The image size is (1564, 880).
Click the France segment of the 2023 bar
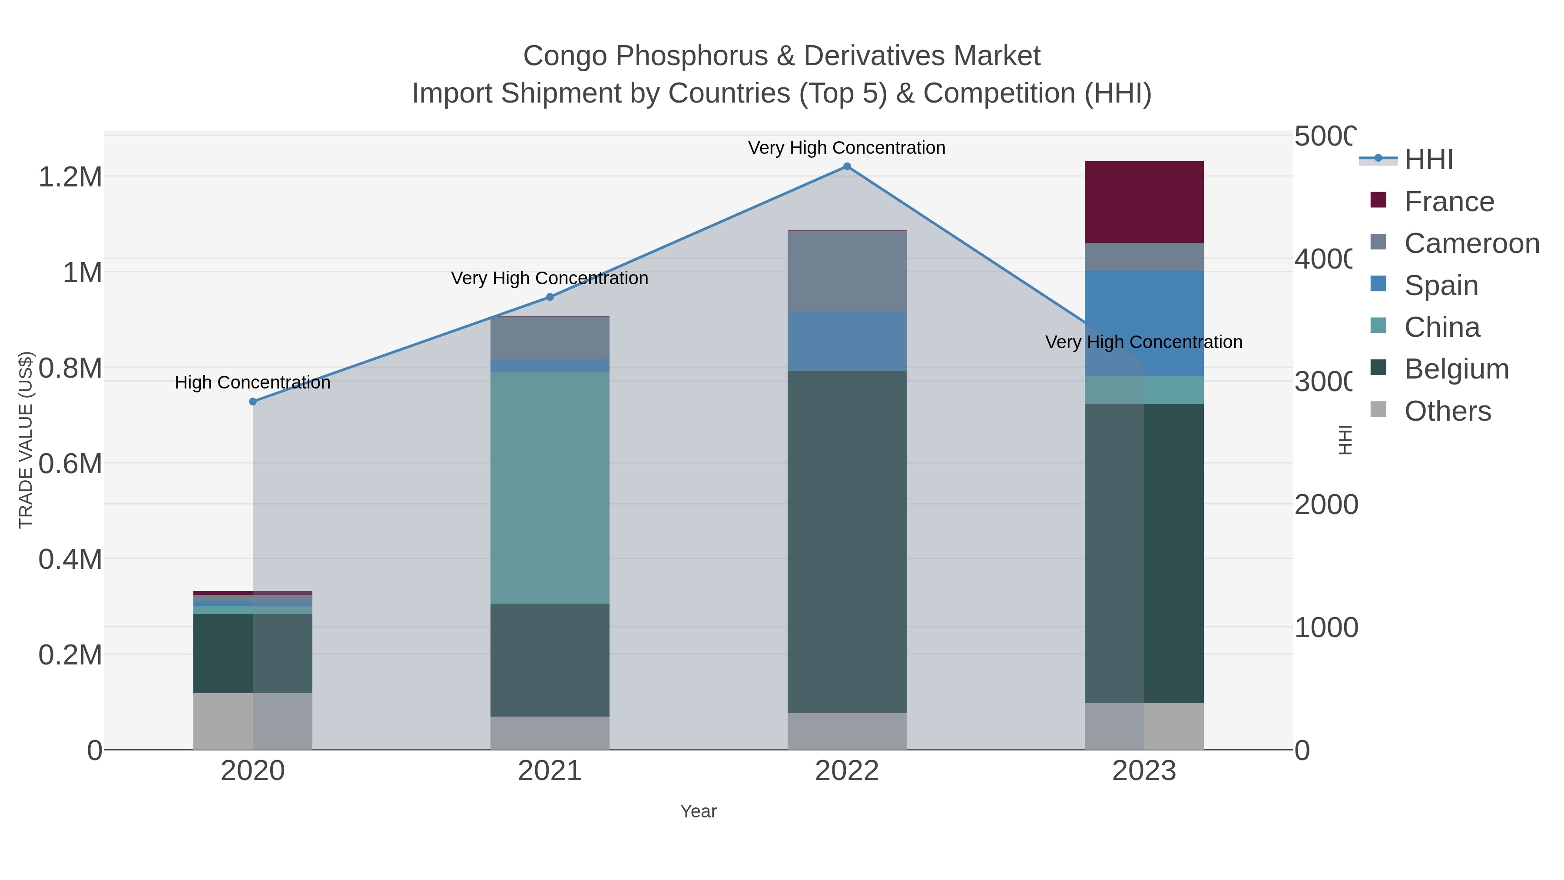coord(1144,202)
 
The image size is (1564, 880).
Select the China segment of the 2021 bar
coord(550,488)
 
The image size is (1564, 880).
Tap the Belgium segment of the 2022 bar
coord(847,541)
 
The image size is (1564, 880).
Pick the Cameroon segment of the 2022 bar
coord(847,272)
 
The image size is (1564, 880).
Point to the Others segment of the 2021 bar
coord(550,733)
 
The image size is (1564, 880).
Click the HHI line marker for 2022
coord(847,166)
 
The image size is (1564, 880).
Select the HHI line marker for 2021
coord(550,297)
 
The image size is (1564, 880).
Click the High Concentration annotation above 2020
coord(252,382)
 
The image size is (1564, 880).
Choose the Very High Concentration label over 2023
coord(1144,342)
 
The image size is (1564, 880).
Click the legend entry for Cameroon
coord(1471,243)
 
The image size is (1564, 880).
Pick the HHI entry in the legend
coord(1428,160)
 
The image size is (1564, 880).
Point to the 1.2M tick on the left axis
coord(70,177)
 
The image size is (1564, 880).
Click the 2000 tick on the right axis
coord(1325,505)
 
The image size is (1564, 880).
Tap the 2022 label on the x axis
coord(847,771)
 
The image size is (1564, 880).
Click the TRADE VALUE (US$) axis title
coord(26,440)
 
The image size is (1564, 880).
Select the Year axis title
coord(698,811)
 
